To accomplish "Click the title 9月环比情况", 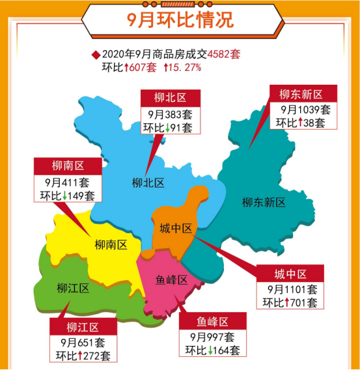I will tap(179, 21).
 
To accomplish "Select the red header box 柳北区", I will tap(170, 98).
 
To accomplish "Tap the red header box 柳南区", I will tap(68, 165).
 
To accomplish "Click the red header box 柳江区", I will tap(82, 327).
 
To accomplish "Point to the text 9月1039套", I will tap(305, 109).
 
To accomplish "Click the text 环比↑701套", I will tap(290, 302).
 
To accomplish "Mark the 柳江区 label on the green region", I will tap(72, 288).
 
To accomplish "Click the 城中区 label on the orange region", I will tap(176, 228).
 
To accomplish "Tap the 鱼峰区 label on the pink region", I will tap(171, 280).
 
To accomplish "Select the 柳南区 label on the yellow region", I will tap(109, 245).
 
